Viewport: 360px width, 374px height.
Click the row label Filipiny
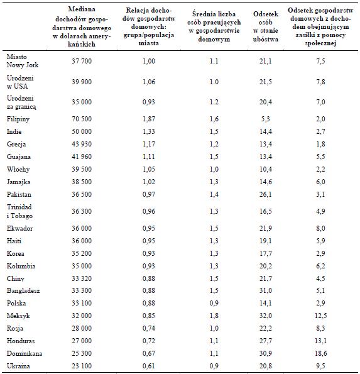[18, 119]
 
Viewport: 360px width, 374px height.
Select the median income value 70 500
[82, 119]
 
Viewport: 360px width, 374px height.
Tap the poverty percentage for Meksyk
[266, 316]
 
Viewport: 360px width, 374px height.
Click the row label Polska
[16, 303]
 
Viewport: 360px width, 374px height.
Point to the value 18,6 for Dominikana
[320, 353]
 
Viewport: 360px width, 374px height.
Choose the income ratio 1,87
[149, 119]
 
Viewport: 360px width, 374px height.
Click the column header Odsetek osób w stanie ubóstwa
[266, 26]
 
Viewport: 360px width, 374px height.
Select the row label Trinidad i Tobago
[19, 211]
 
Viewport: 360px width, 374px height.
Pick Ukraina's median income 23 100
[82, 366]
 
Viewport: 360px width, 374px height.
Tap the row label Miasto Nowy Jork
[23, 61]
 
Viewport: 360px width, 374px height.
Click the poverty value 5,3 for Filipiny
[266, 119]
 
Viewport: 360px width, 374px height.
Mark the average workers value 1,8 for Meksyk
[214, 316]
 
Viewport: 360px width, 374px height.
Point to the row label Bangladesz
[23, 291]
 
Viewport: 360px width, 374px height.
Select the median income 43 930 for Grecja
[82, 144]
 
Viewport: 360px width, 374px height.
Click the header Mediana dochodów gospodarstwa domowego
[82, 26]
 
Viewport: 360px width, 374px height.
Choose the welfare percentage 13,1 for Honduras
[320, 341]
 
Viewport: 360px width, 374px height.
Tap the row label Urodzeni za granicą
[21, 102]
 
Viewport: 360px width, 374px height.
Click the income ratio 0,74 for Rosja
[149, 328]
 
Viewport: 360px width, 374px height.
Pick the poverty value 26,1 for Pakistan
[266, 194]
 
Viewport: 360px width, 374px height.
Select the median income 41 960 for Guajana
[82, 157]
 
